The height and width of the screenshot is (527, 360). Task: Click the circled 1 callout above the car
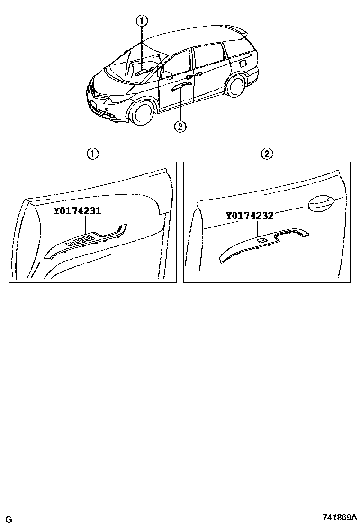141,21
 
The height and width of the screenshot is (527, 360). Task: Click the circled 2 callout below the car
180,127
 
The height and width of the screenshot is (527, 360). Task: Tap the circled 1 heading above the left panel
92,154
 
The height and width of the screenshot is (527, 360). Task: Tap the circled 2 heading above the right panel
267,154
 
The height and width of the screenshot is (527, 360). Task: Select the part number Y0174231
77,211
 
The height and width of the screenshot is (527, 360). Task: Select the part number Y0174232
249,216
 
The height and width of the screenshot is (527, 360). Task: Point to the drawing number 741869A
340,517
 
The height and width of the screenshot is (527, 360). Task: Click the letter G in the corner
9,519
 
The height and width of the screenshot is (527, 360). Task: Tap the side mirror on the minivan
167,74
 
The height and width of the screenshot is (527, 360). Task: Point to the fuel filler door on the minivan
243,64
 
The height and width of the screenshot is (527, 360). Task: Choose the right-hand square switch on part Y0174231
89,239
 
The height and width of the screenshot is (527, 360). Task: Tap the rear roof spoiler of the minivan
235,28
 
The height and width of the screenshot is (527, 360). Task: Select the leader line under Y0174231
86,225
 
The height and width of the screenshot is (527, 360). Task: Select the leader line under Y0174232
257,228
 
